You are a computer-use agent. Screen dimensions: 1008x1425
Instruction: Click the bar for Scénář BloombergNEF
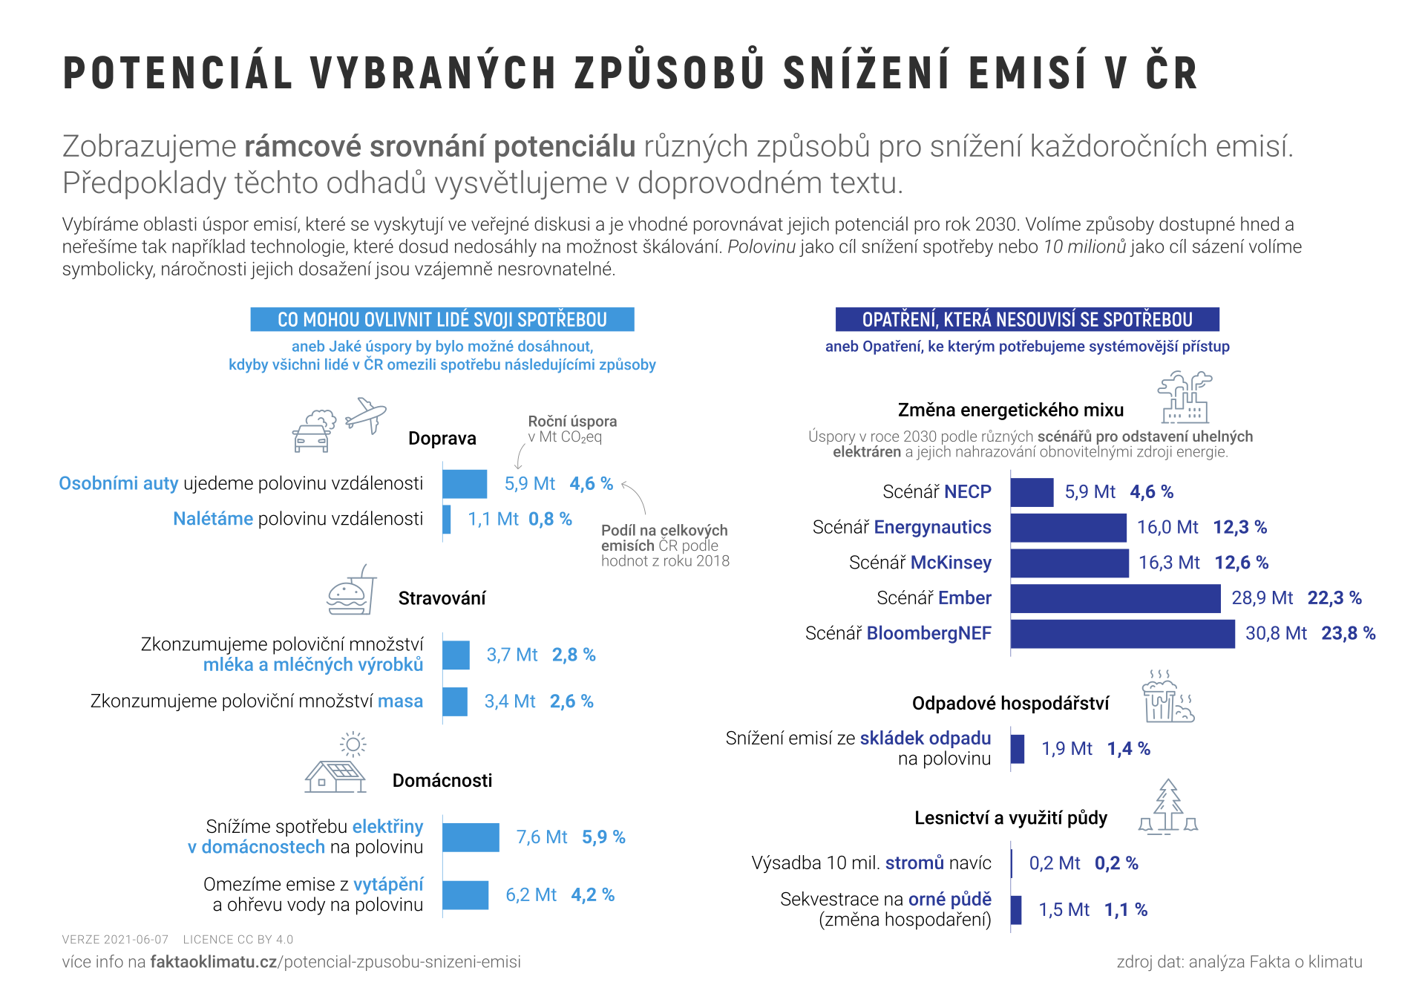[x=1122, y=634]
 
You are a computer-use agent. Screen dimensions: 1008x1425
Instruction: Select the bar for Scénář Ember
[x=1115, y=598]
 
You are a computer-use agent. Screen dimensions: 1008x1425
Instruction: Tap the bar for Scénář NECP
[x=1032, y=492]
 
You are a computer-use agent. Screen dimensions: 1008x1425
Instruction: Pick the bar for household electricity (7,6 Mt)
[x=471, y=837]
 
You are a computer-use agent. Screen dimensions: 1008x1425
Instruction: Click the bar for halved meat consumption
[x=455, y=701]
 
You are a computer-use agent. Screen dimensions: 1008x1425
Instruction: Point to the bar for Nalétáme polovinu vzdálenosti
[x=447, y=519]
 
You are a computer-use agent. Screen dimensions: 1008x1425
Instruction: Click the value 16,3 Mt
[x=1169, y=563]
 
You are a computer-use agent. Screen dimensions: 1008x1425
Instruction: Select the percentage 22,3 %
[x=1334, y=598]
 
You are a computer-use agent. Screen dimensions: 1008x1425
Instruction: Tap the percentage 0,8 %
[x=550, y=519]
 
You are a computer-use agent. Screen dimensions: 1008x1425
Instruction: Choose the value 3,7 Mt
[x=512, y=655]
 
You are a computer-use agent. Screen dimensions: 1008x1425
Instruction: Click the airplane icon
[x=365, y=415]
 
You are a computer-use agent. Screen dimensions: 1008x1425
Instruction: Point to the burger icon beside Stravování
[x=347, y=595]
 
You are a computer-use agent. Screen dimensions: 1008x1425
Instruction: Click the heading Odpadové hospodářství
[x=1010, y=704]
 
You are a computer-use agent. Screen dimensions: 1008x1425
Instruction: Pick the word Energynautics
[x=932, y=528]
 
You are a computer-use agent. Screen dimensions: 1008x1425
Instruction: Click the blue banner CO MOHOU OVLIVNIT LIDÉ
[x=442, y=320]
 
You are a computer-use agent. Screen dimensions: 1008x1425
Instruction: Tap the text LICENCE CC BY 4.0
[x=238, y=940]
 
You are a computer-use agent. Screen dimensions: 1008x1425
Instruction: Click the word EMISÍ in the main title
[x=1027, y=73]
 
